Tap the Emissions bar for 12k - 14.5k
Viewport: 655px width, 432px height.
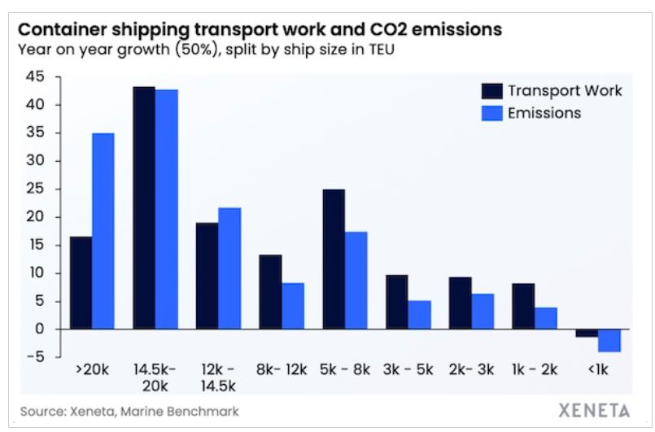[229, 268]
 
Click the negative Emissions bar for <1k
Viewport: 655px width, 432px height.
[609, 340]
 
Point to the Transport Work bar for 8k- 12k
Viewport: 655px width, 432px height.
[270, 292]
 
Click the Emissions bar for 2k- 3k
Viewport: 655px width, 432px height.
[483, 312]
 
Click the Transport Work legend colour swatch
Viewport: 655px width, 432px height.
[491, 90]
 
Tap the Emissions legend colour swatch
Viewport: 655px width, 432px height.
[491, 113]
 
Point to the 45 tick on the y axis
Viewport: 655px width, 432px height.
[35, 77]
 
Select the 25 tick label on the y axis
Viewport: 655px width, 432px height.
[35, 190]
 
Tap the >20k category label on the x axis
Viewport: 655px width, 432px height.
[92, 369]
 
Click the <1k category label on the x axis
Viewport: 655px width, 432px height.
[599, 369]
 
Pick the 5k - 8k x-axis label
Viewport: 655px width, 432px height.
[345, 369]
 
